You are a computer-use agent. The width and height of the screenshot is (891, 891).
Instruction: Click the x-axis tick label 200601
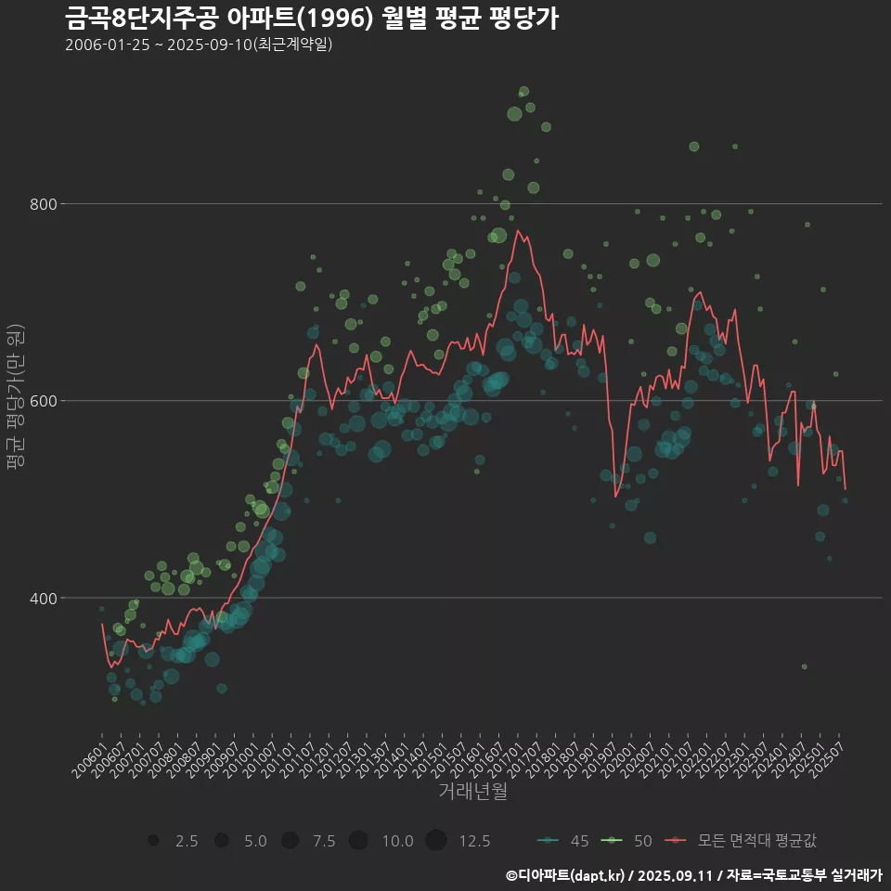coord(90,753)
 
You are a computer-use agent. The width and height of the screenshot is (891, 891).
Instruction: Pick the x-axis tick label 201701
coord(503,753)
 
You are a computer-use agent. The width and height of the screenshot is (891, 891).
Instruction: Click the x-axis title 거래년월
coord(472,792)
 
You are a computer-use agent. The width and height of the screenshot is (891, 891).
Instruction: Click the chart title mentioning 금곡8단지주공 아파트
coord(312,19)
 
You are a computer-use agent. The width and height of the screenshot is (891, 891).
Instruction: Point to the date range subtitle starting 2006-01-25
coord(199,45)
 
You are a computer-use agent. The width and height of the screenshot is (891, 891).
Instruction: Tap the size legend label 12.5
coord(474,841)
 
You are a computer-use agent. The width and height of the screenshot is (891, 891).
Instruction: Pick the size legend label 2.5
coord(187,841)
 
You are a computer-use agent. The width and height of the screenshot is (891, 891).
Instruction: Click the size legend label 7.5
coord(324,841)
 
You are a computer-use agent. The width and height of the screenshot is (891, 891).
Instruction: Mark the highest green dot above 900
coord(523,92)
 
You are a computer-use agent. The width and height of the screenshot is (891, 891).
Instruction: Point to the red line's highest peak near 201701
coord(518,231)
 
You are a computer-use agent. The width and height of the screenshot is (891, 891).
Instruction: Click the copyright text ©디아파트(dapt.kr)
coord(566,875)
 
